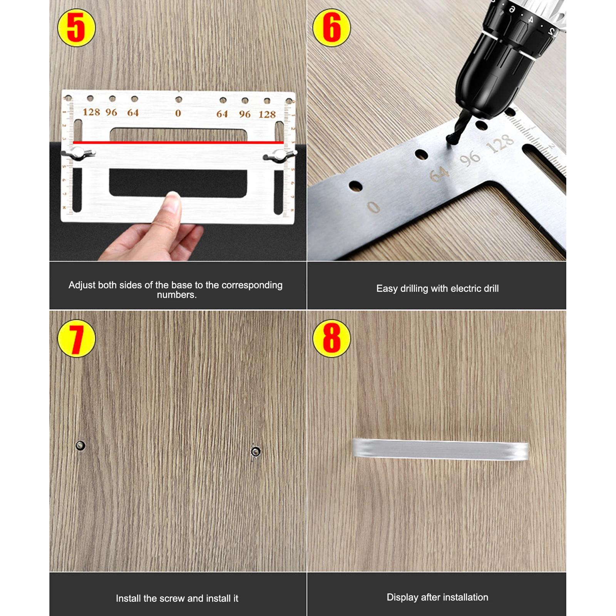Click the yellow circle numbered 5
76,28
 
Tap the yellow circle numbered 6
331,28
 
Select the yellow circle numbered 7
76,338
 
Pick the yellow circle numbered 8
331,338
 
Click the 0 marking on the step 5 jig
178,113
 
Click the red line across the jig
178,142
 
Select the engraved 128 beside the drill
500,144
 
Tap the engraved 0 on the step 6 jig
373,207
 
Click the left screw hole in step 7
80,445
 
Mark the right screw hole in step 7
256,451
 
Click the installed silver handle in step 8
440,449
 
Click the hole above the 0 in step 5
179,100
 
